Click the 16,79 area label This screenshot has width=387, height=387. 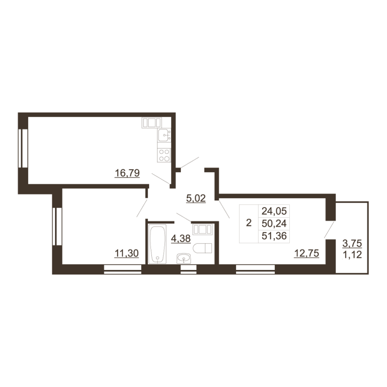tap(127, 173)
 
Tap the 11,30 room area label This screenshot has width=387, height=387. tap(127, 253)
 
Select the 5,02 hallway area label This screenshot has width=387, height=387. tap(196, 198)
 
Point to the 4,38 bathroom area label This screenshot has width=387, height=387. tap(180, 238)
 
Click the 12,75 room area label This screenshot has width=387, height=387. tap(307, 253)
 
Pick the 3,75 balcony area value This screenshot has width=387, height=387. tap(352, 243)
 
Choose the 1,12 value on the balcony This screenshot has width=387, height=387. tap(352, 254)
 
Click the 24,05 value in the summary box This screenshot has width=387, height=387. tap(274, 211)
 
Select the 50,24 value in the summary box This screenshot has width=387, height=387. tap(274, 223)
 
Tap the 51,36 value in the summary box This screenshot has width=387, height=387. tap(274, 236)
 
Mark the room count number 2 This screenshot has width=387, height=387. tap(249, 223)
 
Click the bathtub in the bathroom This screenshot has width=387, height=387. tap(158, 244)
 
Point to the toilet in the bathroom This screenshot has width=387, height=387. tap(202, 248)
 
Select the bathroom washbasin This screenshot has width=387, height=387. tap(184, 258)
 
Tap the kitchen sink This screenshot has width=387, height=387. tap(164, 135)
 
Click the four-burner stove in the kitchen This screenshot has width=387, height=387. tap(164, 155)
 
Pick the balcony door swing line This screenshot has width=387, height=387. tap(329, 230)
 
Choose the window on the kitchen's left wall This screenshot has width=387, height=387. tap(23, 149)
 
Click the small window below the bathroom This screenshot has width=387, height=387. tap(189, 269)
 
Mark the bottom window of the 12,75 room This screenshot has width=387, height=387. tap(255, 269)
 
